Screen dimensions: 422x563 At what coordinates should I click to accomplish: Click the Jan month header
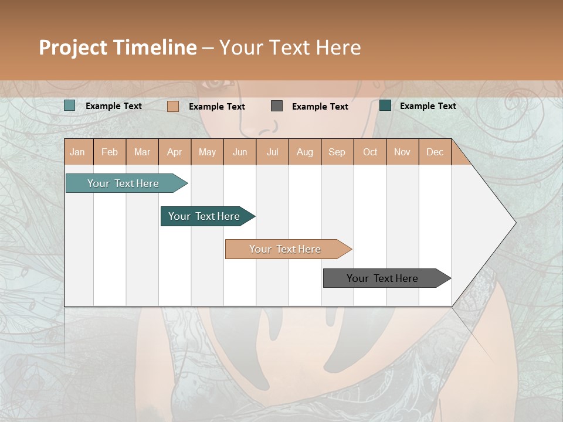pos(77,152)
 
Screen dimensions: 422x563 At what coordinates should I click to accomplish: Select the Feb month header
pos(110,152)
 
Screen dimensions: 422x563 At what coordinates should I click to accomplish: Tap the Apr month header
pos(174,152)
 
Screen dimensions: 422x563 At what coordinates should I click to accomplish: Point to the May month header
pos(207,152)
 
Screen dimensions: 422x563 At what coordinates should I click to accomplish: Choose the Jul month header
pos(272,152)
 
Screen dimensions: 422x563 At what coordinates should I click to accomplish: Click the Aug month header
pos(304,152)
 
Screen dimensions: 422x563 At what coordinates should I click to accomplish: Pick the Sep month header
pos(337,152)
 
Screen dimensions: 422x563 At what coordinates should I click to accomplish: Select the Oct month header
pos(370,152)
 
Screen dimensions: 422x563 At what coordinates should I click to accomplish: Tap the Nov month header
pos(402,152)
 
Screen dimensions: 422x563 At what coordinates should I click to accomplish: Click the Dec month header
pos(435,152)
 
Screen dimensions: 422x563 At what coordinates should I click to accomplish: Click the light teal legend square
pos(70,105)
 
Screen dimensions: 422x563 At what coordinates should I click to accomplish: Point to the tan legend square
pos(172,106)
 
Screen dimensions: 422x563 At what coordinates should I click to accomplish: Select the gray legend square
pos(277,105)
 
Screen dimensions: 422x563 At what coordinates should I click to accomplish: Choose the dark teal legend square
pos(385,105)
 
